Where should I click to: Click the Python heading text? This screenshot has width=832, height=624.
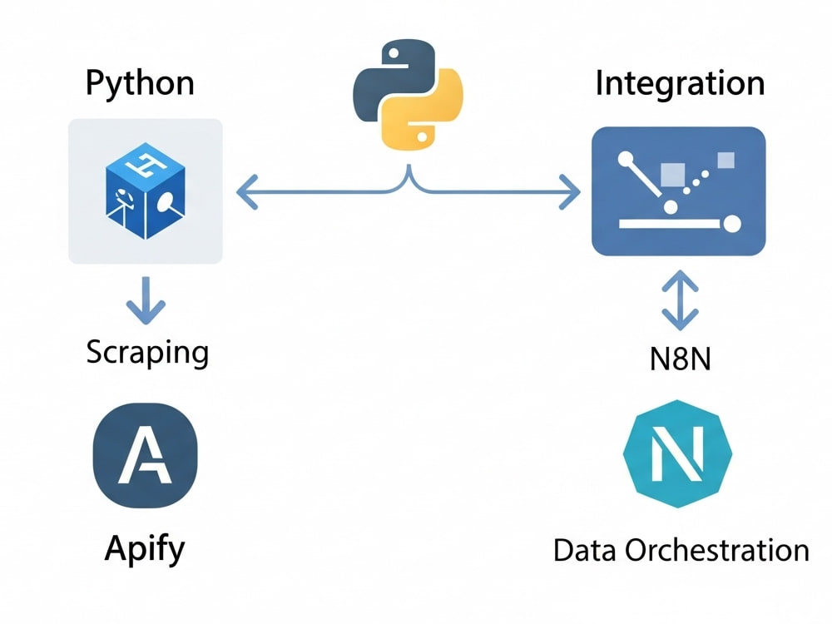click(x=140, y=84)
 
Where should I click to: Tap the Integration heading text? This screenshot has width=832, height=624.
click(x=681, y=83)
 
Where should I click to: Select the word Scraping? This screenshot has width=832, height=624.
click(x=147, y=352)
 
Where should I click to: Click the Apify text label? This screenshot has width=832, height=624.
click(x=145, y=549)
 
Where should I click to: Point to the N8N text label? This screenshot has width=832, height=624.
click(x=681, y=359)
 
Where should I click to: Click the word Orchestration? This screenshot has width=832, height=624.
click(x=717, y=550)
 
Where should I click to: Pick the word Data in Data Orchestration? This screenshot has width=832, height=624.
click(x=585, y=550)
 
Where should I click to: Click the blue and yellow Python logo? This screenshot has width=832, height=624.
click(x=408, y=95)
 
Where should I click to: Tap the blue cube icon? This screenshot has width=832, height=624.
click(x=146, y=191)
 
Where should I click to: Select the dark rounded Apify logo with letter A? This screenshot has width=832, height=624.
click(x=146, y=455)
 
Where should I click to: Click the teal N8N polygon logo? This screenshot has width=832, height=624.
click(x=677, y=453)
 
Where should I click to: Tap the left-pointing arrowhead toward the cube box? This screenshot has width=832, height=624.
click(x=247, y=192)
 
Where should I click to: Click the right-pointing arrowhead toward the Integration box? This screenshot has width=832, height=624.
click(x=570, y=192)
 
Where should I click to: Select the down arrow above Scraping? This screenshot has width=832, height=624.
click(x=146, y=300)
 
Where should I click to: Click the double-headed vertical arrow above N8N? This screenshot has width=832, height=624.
click(x=681, y=300)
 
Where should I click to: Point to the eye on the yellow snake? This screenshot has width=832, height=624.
click(x=422, y=137)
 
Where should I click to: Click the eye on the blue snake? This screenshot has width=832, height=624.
click(x=394, y=53)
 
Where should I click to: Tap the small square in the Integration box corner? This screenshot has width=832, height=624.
click(x=726, y=161)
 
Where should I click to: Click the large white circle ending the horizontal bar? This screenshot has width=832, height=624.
click(x=732, y=224)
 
